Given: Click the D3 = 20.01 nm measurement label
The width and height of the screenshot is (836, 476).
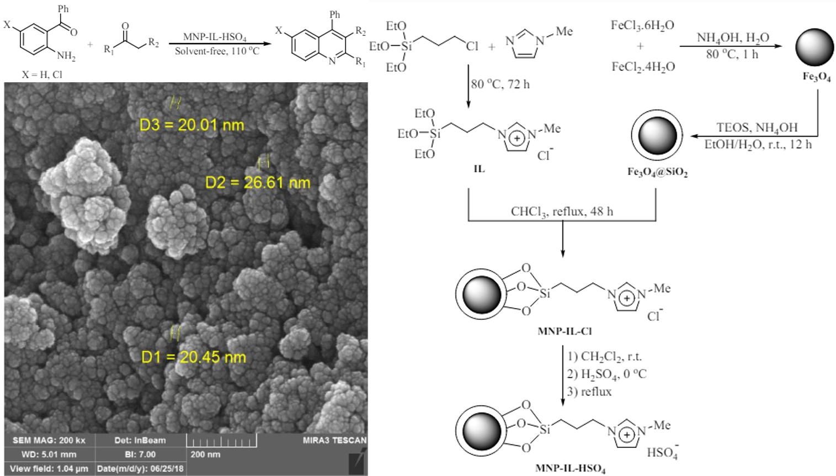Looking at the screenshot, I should click(191, 125).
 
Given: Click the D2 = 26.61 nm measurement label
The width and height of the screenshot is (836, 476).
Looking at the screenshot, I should click(258, 183).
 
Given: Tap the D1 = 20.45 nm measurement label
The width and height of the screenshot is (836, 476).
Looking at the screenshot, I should click(194, 357).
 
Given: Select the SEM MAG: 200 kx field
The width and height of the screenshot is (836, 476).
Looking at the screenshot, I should click(49, 440).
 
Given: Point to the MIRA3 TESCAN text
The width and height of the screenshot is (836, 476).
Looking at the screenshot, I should click(334, 440).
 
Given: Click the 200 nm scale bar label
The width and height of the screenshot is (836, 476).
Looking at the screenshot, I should click(205, 454).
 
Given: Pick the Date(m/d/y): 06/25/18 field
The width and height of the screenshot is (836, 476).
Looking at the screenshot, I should click(140, 469).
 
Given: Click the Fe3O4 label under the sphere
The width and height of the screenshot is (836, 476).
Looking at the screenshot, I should click(817, 77).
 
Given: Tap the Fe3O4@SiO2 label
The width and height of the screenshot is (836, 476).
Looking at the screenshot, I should click(657, 172).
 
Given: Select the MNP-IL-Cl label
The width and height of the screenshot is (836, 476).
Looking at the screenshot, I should click(565, 331).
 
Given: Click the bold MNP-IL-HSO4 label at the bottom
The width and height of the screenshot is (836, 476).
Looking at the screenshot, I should click(570, 469).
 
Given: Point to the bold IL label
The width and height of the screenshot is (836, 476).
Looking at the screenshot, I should click(479, 169).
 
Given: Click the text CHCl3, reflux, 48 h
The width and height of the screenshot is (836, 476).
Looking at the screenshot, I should click(562, 211).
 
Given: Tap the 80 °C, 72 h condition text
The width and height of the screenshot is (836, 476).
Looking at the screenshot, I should click(500, 84).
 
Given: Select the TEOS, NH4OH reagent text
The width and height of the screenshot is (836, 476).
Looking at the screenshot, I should click(757, 128).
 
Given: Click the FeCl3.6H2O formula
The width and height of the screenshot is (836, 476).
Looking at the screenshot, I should click(642, 25).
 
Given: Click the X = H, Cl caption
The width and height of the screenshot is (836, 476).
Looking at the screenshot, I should click(42, 74).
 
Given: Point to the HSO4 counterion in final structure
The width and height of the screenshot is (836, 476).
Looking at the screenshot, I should click(662, 452).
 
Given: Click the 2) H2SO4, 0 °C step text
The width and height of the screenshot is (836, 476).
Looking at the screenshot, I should click(606, 374).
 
